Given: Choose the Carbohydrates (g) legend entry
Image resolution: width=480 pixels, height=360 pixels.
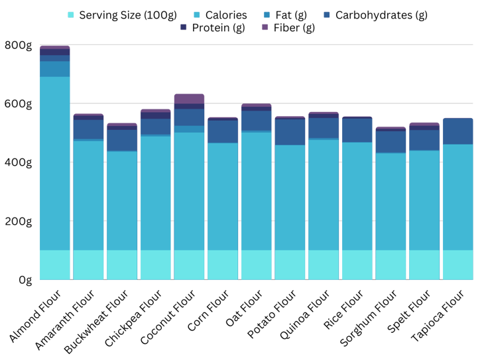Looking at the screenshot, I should click(x=381, y=15).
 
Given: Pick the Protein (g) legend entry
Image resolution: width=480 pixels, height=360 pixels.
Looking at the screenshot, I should click(x=218, y=28).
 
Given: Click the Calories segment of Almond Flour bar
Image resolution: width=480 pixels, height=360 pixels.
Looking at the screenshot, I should click(x=55, y=162).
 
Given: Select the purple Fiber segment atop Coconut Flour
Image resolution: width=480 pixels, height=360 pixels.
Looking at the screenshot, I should click(x=189, y=99).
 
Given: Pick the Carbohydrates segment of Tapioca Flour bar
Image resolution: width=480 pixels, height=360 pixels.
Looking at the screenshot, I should click(x=457, y=131).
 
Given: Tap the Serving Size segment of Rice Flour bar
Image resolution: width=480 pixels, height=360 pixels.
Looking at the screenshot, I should click(x=357, y=265).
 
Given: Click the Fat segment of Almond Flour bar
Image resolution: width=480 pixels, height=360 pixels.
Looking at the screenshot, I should click(x=55, y=69).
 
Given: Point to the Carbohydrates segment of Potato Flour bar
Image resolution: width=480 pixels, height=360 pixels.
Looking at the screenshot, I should click(x=290, y=132).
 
